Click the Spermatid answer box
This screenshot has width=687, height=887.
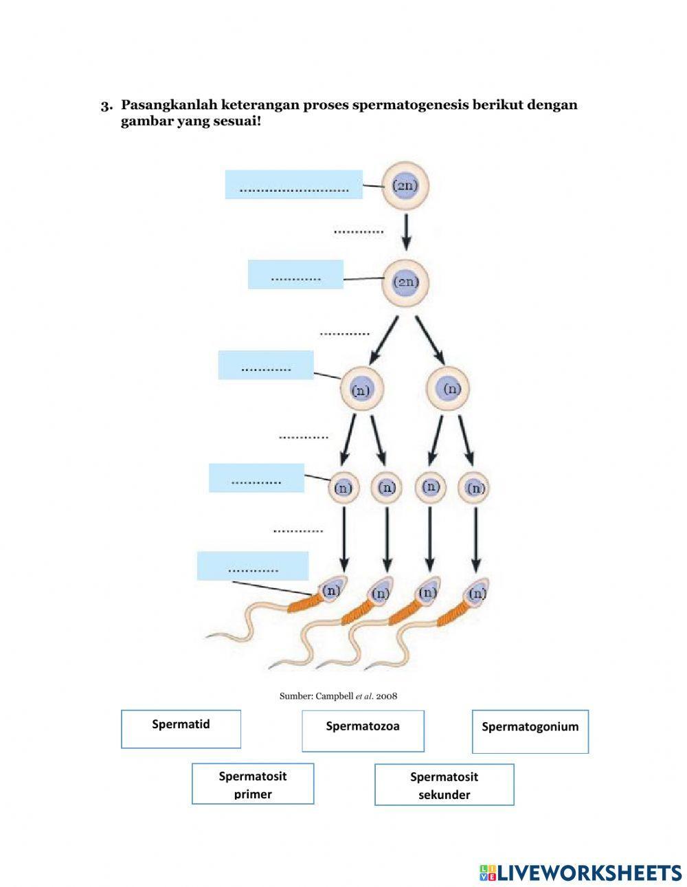181,728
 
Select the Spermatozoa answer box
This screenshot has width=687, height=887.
363,730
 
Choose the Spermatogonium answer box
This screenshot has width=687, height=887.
530,731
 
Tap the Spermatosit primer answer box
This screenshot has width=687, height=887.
253,784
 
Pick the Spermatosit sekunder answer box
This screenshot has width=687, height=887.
444,785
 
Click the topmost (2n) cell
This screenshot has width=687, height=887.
405,186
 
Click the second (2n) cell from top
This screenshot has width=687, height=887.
405,282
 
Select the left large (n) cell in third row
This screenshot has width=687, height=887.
361,389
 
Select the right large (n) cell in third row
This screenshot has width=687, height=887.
448,388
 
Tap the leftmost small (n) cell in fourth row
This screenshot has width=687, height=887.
343,488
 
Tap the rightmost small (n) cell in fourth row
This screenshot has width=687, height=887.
475,488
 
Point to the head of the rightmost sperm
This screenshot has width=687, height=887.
476,592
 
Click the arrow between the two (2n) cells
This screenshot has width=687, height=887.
406,232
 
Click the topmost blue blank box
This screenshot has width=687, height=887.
293,184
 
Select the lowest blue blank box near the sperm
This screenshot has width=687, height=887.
252,565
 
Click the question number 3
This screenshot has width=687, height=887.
106,106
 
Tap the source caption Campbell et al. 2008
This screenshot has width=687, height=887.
338,696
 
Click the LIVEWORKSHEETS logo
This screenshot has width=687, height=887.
581,873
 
